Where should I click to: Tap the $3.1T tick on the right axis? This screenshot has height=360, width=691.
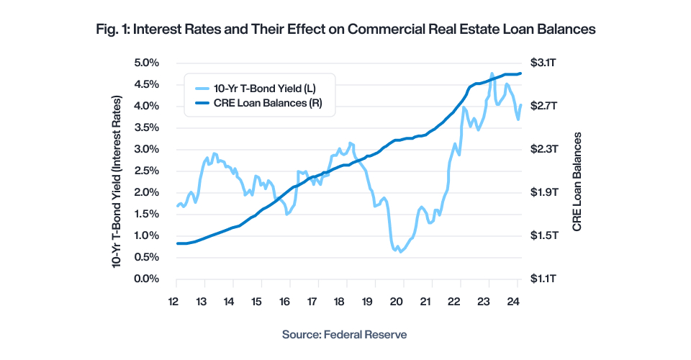545,63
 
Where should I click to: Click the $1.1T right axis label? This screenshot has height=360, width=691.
545,279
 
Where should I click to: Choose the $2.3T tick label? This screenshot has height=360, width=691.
545,149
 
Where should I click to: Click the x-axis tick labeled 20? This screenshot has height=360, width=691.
397,302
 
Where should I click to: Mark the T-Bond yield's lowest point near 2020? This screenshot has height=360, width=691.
400,251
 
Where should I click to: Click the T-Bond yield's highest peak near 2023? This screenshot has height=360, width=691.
492,73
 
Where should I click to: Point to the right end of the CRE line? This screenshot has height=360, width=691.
520,73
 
